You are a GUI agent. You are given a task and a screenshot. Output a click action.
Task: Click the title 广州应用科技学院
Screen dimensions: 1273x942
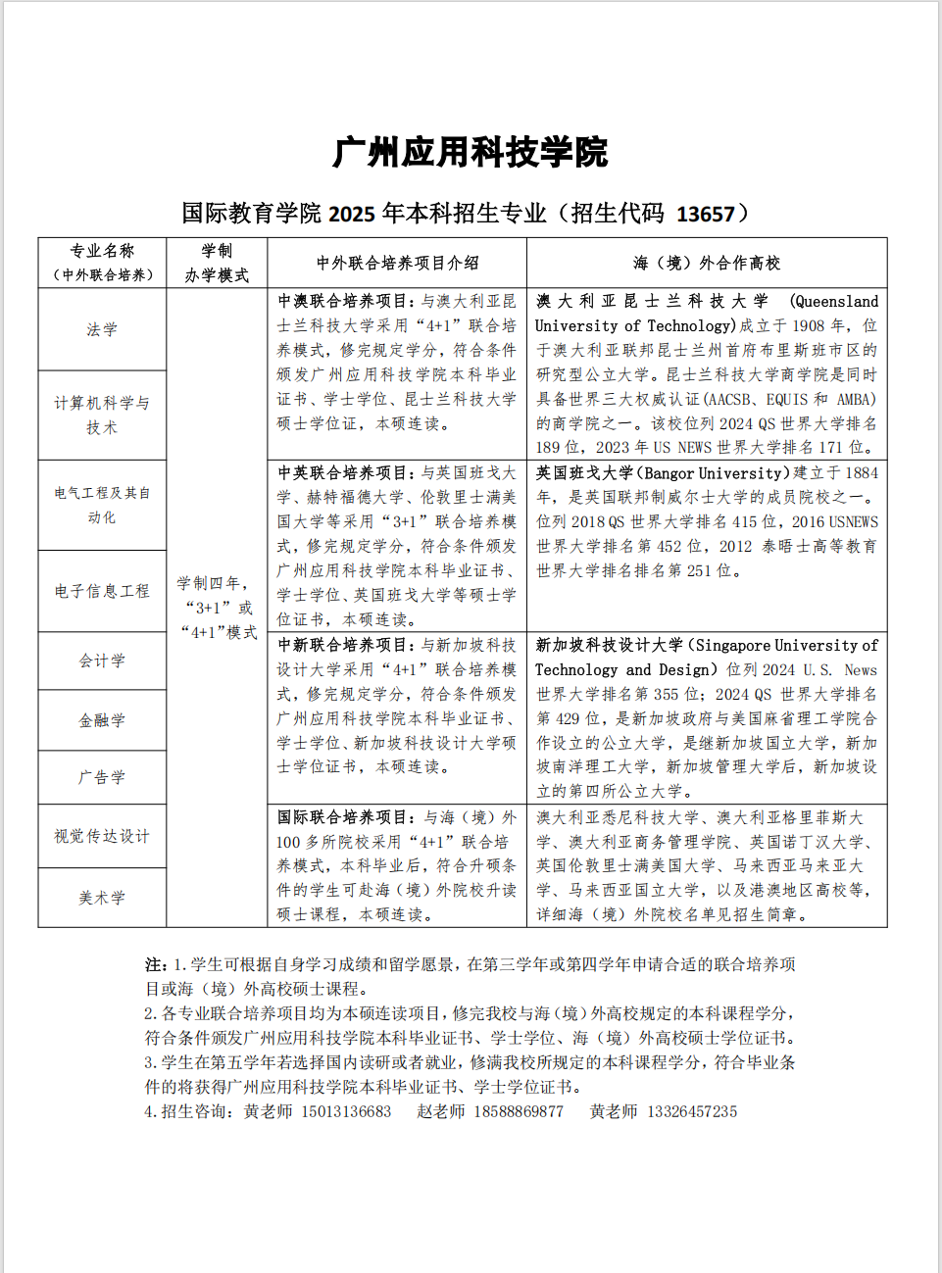(471, 153)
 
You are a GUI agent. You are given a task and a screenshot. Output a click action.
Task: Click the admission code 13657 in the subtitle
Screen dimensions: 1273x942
(705, 214)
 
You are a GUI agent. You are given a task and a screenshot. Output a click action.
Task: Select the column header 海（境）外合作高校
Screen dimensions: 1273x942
(707, 263)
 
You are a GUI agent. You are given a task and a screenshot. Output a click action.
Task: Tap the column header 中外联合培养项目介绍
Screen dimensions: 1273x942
(397, 263)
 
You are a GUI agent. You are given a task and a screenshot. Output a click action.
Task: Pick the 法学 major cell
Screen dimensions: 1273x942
(102, 329)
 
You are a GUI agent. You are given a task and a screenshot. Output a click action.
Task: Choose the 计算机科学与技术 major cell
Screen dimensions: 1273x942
(102, 415)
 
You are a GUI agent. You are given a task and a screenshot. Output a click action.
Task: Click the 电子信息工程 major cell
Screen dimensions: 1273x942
(102, 591)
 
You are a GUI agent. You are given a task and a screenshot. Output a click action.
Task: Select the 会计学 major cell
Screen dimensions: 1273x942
(102, 661)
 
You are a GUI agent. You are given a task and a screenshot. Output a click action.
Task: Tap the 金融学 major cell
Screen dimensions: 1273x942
(102, 720)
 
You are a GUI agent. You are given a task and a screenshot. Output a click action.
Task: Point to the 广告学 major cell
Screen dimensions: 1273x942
(102, 777)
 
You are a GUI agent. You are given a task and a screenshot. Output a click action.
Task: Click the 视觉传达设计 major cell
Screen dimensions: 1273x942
(102, 836)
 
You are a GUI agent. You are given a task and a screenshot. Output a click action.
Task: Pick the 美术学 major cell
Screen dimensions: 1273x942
(102, 898)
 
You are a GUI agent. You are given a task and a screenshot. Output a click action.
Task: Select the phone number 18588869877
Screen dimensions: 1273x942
(519, 1111)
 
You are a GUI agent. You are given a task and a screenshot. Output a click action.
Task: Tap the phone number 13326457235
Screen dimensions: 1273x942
(692, 1111)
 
